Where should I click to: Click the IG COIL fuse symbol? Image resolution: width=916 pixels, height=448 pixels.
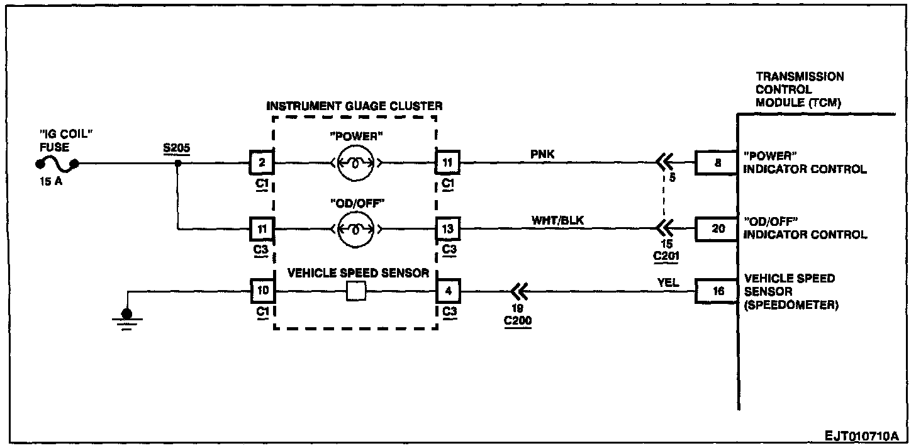(x=57, y=165)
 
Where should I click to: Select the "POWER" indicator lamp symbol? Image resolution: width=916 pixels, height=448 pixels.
(x=356, y=164)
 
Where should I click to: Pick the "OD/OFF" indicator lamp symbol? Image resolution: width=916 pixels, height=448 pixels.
(x=356, y=229)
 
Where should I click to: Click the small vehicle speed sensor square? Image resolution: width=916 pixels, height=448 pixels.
(x=356, y=293)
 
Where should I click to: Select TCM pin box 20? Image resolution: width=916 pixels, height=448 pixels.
(x=717, y=229)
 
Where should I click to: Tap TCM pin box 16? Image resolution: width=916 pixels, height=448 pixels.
(x=717, y=292)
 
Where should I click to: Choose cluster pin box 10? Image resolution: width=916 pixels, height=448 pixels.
(x=262, y=292)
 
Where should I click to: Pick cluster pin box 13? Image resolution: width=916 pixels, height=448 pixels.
(x=448, y=229)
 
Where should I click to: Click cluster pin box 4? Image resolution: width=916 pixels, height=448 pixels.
(x=448, y=292)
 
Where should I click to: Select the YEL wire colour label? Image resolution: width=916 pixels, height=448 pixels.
(x=668, y=283)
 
